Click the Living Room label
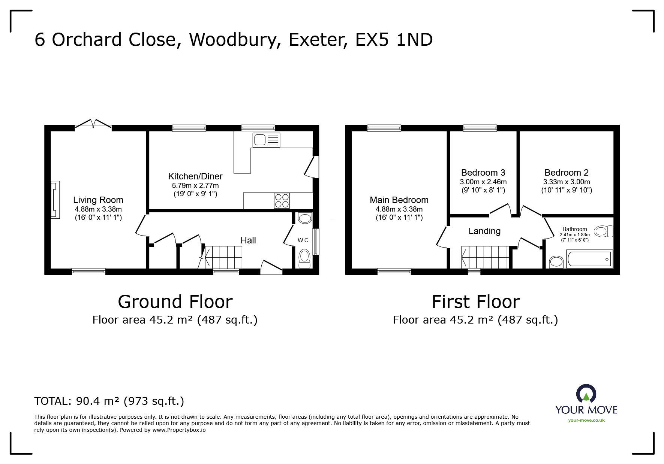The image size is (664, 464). pyautogui.click(x=98, y=200)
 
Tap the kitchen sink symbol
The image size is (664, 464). pyautogui.click(x=266, y=140)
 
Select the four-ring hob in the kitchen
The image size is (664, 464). pyautogui.click(x=282, y=200)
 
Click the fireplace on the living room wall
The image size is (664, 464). pyautogui.click(x=55, y=200)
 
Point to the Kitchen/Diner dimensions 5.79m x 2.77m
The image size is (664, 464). pyautogui.click(x=195, y=185)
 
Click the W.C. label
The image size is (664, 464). pyautogui.click(x=304, y=240)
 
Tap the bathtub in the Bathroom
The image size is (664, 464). pyautogui.click(x=590, y=259)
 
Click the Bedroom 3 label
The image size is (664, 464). pyautogui.click(x=483, y=173)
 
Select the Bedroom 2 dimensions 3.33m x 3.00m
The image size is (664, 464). pyautogui.click(x=566, y=182)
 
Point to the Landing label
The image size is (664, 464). pyautogui.click(x=484, y=231)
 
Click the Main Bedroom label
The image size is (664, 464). pyautogui.click(x=399, y=200)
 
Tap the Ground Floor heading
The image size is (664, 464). pyautogui.click(x=175, y=302)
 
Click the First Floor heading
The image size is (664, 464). pyautogui.click(x=475, y=302)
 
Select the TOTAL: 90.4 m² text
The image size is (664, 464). pyautogui.click(x=109, y=401)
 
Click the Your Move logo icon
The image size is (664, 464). pyautogui.click(x=586, y=394)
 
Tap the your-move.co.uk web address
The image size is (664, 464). pyautogui.click(x=586, y=420)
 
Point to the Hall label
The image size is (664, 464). pyautogui.click(x=248, y=240)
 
